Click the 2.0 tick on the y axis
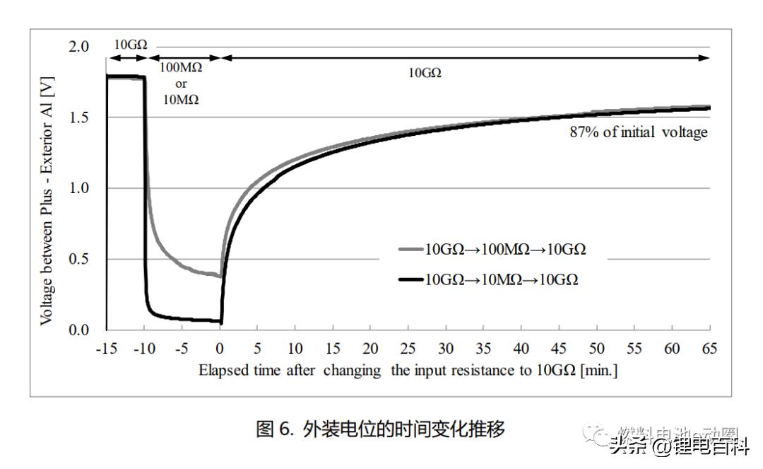click(x=78, y=47)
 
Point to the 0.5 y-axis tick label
click(x=78, y=259)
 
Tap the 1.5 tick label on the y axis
click(x=78, y=117)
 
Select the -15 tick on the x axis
click(x=106, y=349)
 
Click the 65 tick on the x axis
click(x=710, y=349)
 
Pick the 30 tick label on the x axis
click(x=446, y=349)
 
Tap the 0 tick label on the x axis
click(x=220, y=349)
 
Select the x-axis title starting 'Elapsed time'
click(x=408, y=370)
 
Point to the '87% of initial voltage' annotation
click(x=638, y=132)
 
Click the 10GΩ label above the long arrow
click(x=425, y=73)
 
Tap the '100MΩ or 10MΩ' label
click(x=181, y=83)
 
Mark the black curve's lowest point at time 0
click(x=221, y=323)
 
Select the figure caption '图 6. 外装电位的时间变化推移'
click(x=381, y=429)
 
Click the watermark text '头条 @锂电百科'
click(x=678, y=446)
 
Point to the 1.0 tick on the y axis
click(x=78, y=188)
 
